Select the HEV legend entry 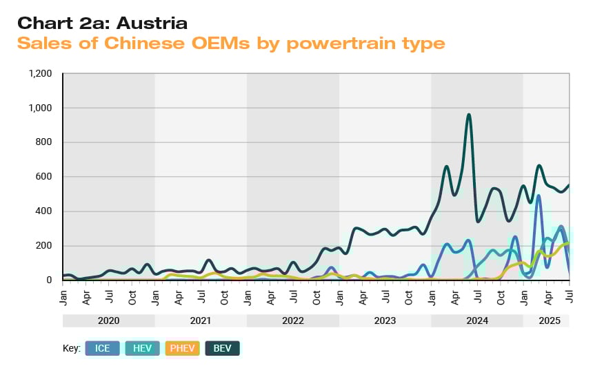pyautogui.click(x=143, y=349)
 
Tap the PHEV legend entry pyautogui.click(x=183, y=349)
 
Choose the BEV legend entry pyautogui.click(x=223, y=349)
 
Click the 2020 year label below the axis pyautogui.click(x=109, y=321)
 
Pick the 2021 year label pyautogui.click(x=201, y=321)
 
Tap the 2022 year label pyautogui.click(x=293, y=321)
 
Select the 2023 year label pyautogui.click(x=385, y=321)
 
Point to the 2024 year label pyautogui.click(x=477, y=321)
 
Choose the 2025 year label pyautogui.click(x=550, y=321)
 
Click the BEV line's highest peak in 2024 pyautogui.click(x=469, y=115)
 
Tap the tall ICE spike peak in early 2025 pyautogui.click(x=538, y=196)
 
